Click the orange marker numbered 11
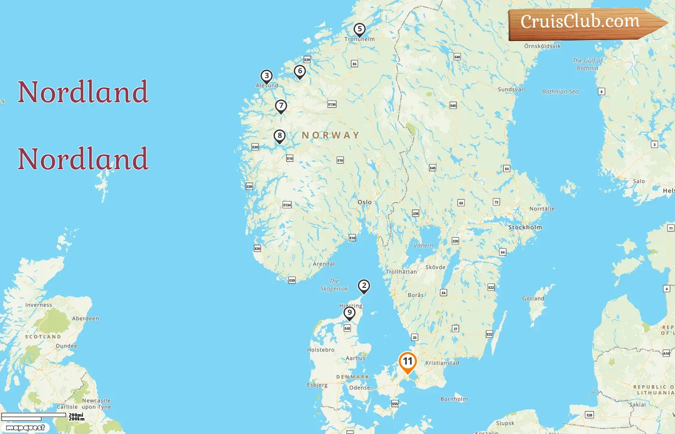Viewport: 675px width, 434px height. (x=407, y=362)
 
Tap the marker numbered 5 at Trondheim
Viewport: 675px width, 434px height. (x=359, y=29)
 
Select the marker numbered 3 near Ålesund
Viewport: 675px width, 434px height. (x=267, y=76)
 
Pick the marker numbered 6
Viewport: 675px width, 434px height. (x=300, y=71)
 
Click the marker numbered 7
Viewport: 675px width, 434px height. (x=281, y=106)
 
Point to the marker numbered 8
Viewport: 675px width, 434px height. (x=280, y=136)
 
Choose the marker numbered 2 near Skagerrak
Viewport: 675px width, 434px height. (x=364, y=286)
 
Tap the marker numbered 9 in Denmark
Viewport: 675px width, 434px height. (x=350, y=313)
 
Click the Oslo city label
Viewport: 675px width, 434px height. (x=364, y=202)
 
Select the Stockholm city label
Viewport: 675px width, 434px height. (x=525, y=227)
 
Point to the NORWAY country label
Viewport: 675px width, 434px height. (x=331, y=136)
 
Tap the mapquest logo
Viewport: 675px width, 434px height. (x=25, y=428)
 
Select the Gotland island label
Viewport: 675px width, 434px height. (x=533, y=298)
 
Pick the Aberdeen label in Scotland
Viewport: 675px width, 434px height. (x=85, y=318)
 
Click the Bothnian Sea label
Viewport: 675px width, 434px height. (x=560, y=92)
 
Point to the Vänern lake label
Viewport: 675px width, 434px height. (x=423, y=245)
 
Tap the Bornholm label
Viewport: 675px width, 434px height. (x=454, y=399)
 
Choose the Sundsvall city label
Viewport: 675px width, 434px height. (x=511, y=89)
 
